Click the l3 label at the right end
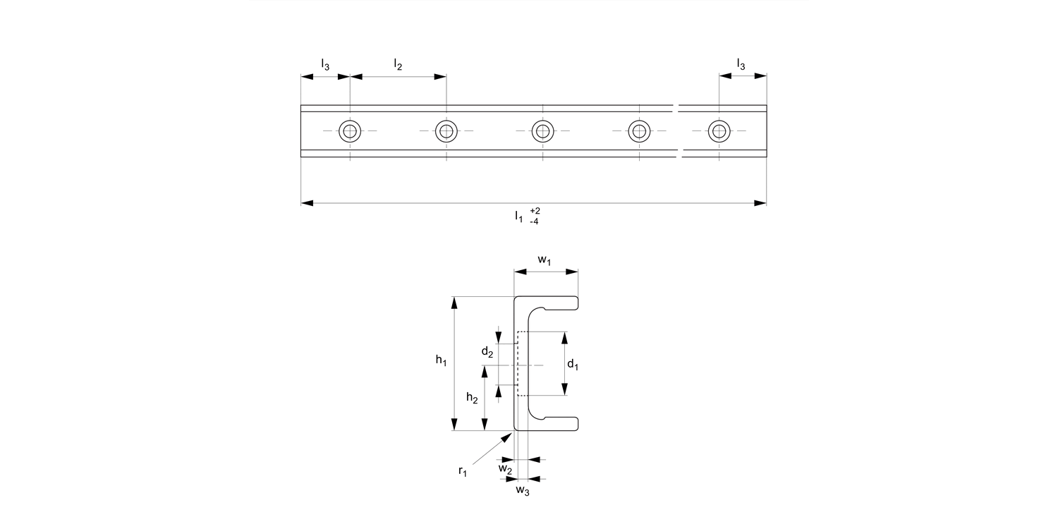[x=741, y=65]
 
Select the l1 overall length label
[x=519, y=216]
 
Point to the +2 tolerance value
[x=535, y=211]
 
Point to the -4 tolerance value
[x=535, y=221]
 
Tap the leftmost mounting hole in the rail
[x=350, y=131]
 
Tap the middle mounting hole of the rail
[x=542, y=131]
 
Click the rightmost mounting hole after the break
[x=719, y=131]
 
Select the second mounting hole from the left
[x=446, y=131]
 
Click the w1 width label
[x=545, y=260]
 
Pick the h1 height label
[x=441, y=361]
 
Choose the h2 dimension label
[x=473, y=399]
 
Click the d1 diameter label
[x=573, y=365]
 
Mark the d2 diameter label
[x=487, y=351]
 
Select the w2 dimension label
[x=505, y=468]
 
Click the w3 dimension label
[x=522, y=490]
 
